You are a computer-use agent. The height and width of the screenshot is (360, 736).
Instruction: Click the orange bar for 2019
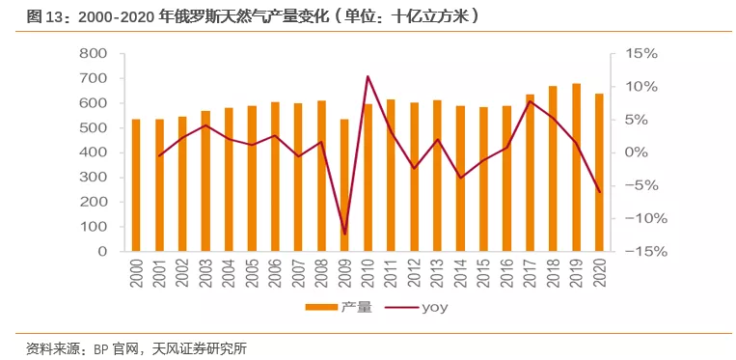pos(576,167)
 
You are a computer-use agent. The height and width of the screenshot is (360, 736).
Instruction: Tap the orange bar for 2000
pos(135,184)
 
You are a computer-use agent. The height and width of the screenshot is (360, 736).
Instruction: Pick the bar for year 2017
pos(530,172)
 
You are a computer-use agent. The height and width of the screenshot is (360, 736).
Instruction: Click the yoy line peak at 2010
pos(368,76)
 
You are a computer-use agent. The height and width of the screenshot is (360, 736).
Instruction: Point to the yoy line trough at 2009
pos(344,234)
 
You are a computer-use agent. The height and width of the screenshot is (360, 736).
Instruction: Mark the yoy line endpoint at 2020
pos(599,191)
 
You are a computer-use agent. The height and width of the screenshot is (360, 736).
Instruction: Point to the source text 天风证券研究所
pos(200,347)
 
